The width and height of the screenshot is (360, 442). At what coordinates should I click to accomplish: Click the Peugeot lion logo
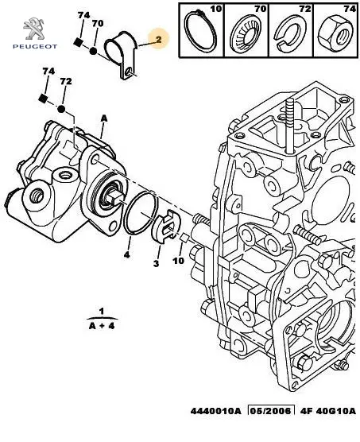pos(34,29)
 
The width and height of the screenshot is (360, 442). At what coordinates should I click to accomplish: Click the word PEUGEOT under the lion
pos(35,47)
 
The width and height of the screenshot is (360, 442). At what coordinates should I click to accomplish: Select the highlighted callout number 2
pos(159,40)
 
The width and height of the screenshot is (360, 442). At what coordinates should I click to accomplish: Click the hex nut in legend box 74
pos(335,34)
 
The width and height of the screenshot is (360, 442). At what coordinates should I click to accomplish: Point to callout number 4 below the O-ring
pos(127,255)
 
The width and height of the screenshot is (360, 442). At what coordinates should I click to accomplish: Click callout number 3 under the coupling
pos(156,263)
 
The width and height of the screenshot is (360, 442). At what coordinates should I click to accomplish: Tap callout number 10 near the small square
pos(178,261)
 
